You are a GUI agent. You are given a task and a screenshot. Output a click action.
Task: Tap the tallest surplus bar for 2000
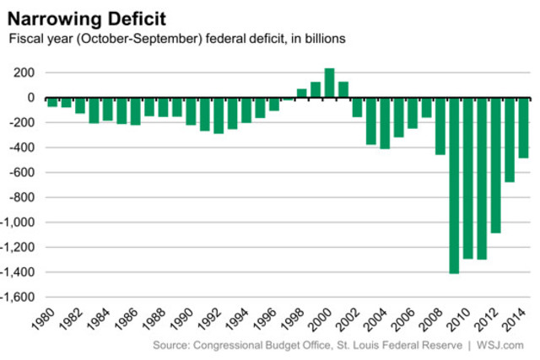(x=329, y=83)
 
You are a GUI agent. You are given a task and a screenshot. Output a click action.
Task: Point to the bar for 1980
(x=52, y=102)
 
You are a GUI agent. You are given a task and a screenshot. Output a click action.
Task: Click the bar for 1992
(x=219, y=116)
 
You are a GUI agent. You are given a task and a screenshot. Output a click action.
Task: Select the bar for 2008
(x=440, y=126)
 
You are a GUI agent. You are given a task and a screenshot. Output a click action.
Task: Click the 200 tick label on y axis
(x=23, y=73)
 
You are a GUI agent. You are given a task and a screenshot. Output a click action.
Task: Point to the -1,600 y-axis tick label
(x=19, y=298)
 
